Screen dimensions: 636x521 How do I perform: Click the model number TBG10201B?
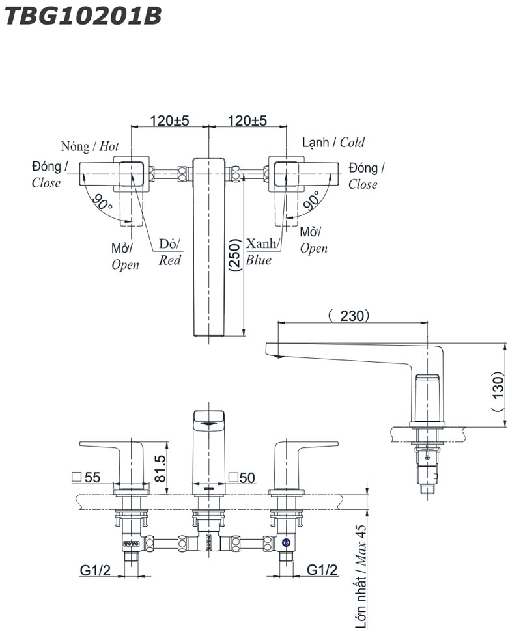82,16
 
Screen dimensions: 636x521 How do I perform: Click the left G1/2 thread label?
96,570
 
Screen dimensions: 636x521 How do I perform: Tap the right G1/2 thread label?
322,570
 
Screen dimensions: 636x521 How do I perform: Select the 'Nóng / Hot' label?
90,146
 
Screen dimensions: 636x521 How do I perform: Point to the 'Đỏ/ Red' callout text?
171,253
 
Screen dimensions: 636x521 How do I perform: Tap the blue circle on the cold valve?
285,542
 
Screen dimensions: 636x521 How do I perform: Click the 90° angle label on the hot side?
102,202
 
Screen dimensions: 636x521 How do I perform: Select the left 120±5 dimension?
169,120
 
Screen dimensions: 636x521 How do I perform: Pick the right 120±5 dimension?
247,120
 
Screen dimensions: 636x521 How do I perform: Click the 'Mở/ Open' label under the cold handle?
313,240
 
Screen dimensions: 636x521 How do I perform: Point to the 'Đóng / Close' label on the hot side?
48,174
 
